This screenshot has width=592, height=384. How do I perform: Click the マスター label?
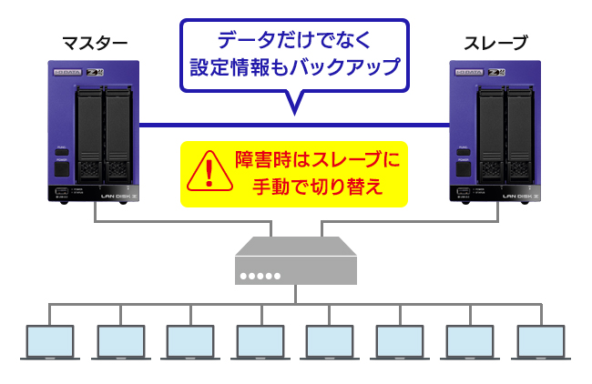point(94,42)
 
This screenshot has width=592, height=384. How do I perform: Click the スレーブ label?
point(495,42)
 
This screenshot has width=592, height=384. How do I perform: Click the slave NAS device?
point(497,132)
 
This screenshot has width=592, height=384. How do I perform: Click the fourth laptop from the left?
point(260,342)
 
